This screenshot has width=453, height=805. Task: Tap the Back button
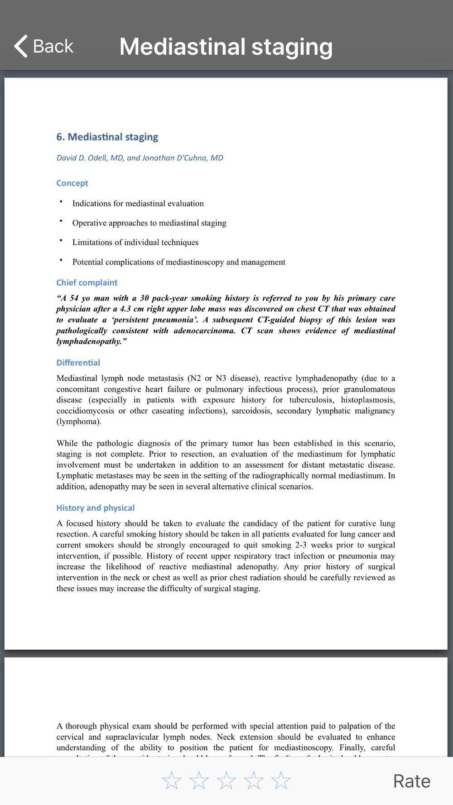tap(44, 46)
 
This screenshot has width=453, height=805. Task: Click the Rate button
tap(411, 781)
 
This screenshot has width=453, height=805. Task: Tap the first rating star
tap(172, 781)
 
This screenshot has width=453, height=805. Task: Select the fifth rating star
tap(281, 781)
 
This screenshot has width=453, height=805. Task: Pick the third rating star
tap(226, 781)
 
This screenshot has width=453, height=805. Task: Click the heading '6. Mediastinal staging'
tap(107, 137)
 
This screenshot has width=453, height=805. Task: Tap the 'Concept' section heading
tap(72, 183)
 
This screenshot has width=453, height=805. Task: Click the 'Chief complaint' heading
tap(87, 283)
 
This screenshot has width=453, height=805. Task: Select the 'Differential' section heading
tap(78, 363)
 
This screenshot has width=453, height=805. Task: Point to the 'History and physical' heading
tap(95, 508)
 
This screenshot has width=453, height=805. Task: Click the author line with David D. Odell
tap(140, 158)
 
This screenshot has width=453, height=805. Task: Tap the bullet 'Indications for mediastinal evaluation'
tap(138, 204)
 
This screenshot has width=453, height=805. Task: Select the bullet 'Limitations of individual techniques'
tap(135, 242)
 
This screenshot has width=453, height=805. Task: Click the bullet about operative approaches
tap(149, 223)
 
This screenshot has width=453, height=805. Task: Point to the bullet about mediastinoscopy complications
tap(178, 262)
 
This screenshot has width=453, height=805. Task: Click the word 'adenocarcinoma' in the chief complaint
tap(204, 331)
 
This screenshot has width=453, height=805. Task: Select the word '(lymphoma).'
tap(79, 422)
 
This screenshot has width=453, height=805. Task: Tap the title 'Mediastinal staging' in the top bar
tap(226, 47)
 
